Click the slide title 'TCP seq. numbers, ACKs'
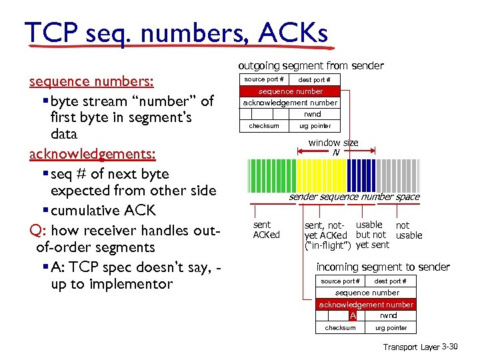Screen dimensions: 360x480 pyautogui.click(x=176, y=31)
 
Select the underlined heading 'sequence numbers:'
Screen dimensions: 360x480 pyautogui.click(x=92, y=81)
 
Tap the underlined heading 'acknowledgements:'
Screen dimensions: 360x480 pyautogui.click(x=93, y=154)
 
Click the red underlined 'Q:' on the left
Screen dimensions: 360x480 pyautogui.click(x=37, y=231)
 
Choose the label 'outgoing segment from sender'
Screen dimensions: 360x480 pyautogui.click(x=311, y=65)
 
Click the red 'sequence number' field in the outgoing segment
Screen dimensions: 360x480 pyautogui.click(x=290, y=91)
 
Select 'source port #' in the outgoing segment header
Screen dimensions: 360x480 pyautogui.click(x=265, y=79)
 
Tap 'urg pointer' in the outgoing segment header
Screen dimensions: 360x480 pyautogui.click(x=315, y=126)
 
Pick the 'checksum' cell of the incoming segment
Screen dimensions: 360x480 pyautogui.click(x=340, y=327)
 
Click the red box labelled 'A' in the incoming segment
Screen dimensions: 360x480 pyautogui.click(x=353, y=315)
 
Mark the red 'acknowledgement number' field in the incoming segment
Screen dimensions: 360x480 pyautogui.click(x=366, y=304)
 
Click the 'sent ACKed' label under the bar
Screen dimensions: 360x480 pyautogui.click(x=267, y=230)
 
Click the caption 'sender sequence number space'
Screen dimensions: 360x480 pyautogui.click(x=354, y=197)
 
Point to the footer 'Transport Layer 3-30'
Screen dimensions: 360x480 pyautogui.click(x=421, y=347)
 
